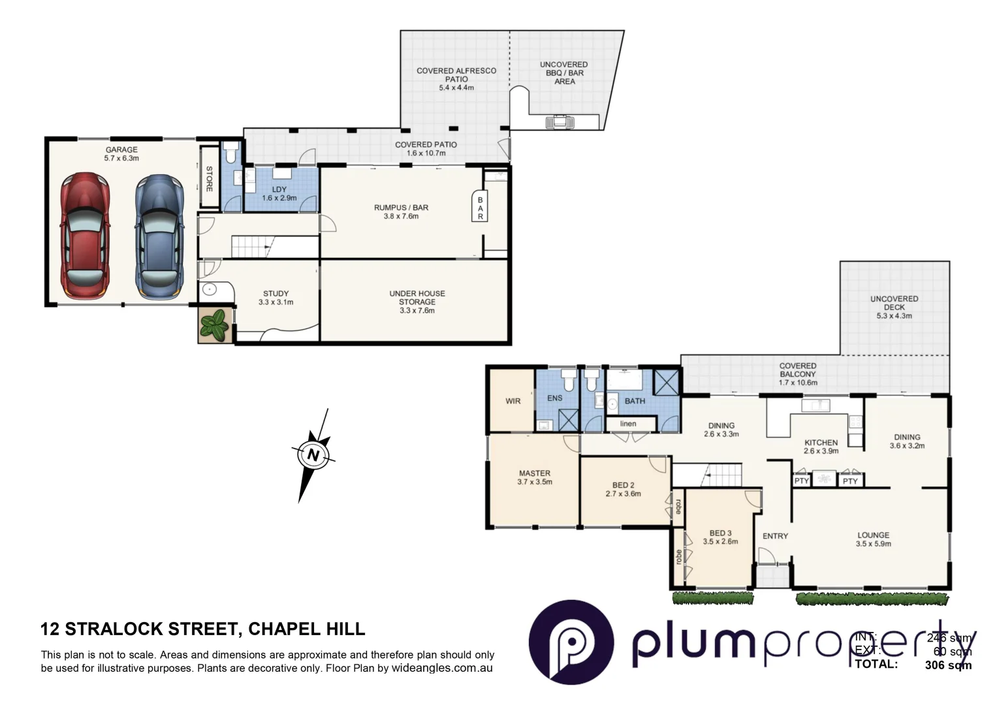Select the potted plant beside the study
click(x=215, y=324)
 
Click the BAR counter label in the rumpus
click(x=480, y=208)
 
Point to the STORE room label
click(x=210, y=179)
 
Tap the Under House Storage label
click(x=417, y=302)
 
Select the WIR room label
click(x=513, y=401)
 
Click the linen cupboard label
click(x=627, y=424)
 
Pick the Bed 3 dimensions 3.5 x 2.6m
click(x=720, y=541)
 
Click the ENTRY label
click(x=775, y=536)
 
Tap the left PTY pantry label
click(x=802, y=481)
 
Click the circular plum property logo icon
click(x=571, y=642)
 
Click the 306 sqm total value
click(x=948, y=665)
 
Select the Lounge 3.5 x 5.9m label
click(x=873, y=539)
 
